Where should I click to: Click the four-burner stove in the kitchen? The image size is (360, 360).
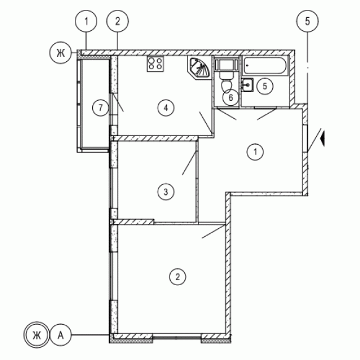pyautogui.click(x=155, y=64)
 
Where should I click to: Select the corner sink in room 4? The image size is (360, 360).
pyautogui.click(x=199, y=67)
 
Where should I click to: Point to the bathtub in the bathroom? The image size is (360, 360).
pyautogui.click(x=265, y=66)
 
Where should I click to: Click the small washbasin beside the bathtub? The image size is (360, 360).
pyautogui.click(x=247, y=85)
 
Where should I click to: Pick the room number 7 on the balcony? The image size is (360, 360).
pyautogui.click(x=100, y=108)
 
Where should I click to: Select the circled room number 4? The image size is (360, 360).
pyautogui.click(x=166, y=108)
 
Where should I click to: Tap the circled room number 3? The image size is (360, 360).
pyautogui.click(x=166, y=192)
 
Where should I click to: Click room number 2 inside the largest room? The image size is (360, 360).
pyautogui.click(x=178, y=277)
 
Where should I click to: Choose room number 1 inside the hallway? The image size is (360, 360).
pyautogui.click(x=255, y=152)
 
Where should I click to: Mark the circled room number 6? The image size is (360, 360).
pyautogui.click(x=231, y=97)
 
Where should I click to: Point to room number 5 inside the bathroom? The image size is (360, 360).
pyautogui.click(x=265, y=87)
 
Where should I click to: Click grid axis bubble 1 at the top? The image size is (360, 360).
pyautogui.click(x=86, y=22)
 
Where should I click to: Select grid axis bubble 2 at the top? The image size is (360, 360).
pyautogui.click(x=118, y=22)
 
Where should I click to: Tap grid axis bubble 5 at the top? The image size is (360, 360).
pyautogui.click(x=307, y=22)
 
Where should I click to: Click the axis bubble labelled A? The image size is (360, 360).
pyautogui.click(x=61, y=335)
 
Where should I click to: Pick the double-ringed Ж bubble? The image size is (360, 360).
pyautogui.click(x=36, y=335)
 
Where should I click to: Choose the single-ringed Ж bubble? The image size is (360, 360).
pyautogui.click(x=61, y=53)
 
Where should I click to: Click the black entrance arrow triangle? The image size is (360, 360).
pyautogui.click(x=322, y=138)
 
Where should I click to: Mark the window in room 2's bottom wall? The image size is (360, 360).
pyautogui.click(x=177, y=336)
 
